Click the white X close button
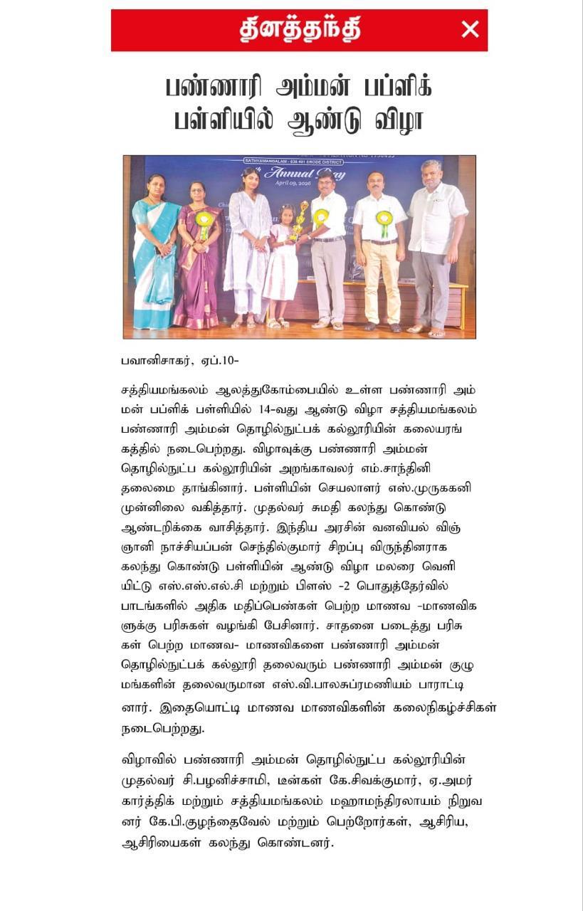pos(470,30)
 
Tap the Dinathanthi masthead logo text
pos(299,30)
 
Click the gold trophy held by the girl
pos(300,221)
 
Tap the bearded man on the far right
pos(436,246)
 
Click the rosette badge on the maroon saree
pos(204,221)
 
